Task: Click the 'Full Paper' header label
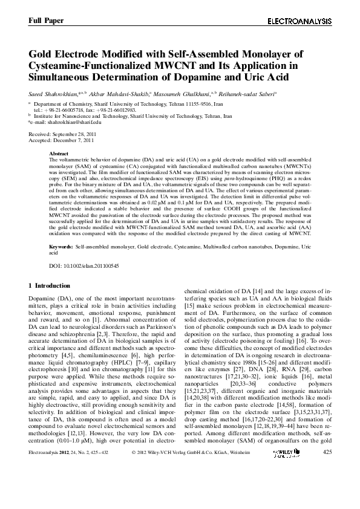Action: click(x=45, y=21)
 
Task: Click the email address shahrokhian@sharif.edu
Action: click(x=74, y=122)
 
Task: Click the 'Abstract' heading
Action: click(x=58, y=154)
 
